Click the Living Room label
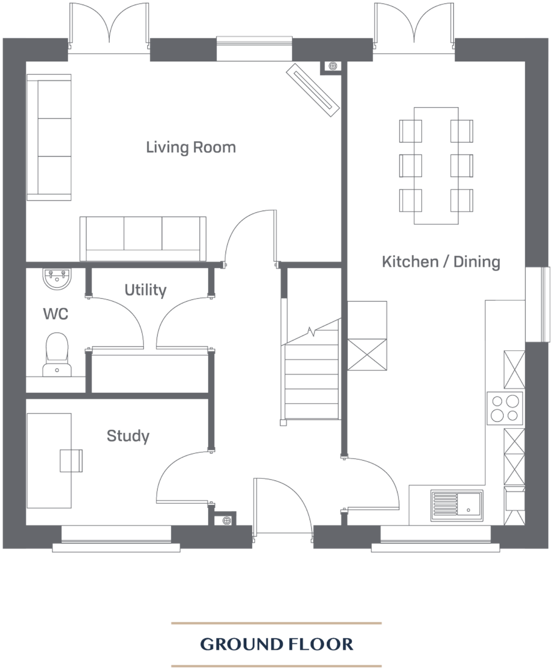click(191, 148)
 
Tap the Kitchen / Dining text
click(441, 262)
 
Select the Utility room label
click(146, 290)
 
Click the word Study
click(128, 436)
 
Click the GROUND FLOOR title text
click(277, 644)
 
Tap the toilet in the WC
click(57, 354)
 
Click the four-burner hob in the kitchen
click(506, 407)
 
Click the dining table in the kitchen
click(437, 166)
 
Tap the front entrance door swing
click(283, 503)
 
